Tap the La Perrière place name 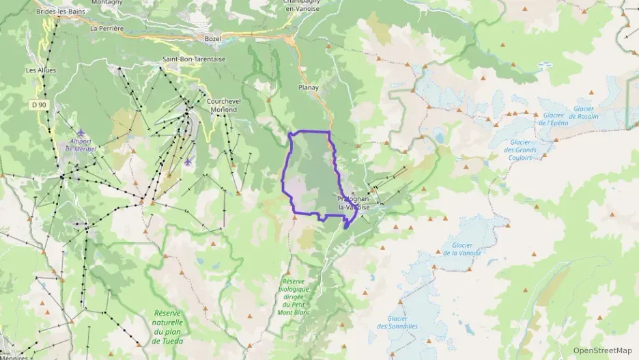coord(107,29)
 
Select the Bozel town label coord(213,38)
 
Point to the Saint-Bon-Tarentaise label coord(193,59)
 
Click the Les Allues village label coord(41,70)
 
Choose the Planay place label coord(309,87)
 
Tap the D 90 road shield coord(39,105)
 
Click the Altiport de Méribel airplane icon coord(81,133)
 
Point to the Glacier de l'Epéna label coord(553,119)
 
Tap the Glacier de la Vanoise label coord(467,249)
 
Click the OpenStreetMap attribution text coord(603,350)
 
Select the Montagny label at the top coord(106,3)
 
